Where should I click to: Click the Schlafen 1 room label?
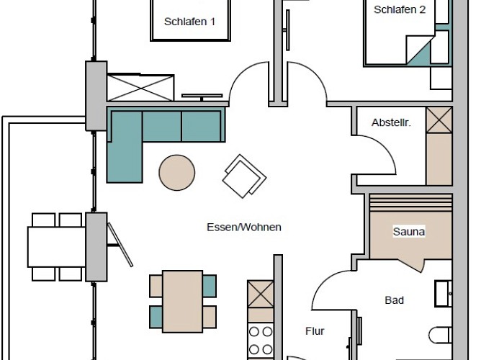[189, 22]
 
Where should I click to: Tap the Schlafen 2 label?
[400, 9]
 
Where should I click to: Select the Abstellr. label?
[391, 122]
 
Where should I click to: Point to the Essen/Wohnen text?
[244, 228]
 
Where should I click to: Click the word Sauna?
[409, 231]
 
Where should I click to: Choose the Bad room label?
[395, 300]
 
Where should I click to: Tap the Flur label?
[315, 331]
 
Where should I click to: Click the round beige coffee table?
[177, 173]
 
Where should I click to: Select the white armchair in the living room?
[244, 176]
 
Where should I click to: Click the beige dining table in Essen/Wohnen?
[182, 302]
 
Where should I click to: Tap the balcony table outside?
[57, 247]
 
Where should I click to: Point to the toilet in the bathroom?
[440, 336]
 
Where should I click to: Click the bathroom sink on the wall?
[444, 294]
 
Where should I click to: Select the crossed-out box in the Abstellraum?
[439, 120]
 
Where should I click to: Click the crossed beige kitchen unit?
[261, 294]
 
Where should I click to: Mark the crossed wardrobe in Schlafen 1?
[140, 88]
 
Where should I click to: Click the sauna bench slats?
[410, 202]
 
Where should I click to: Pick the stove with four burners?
[261, 341]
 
